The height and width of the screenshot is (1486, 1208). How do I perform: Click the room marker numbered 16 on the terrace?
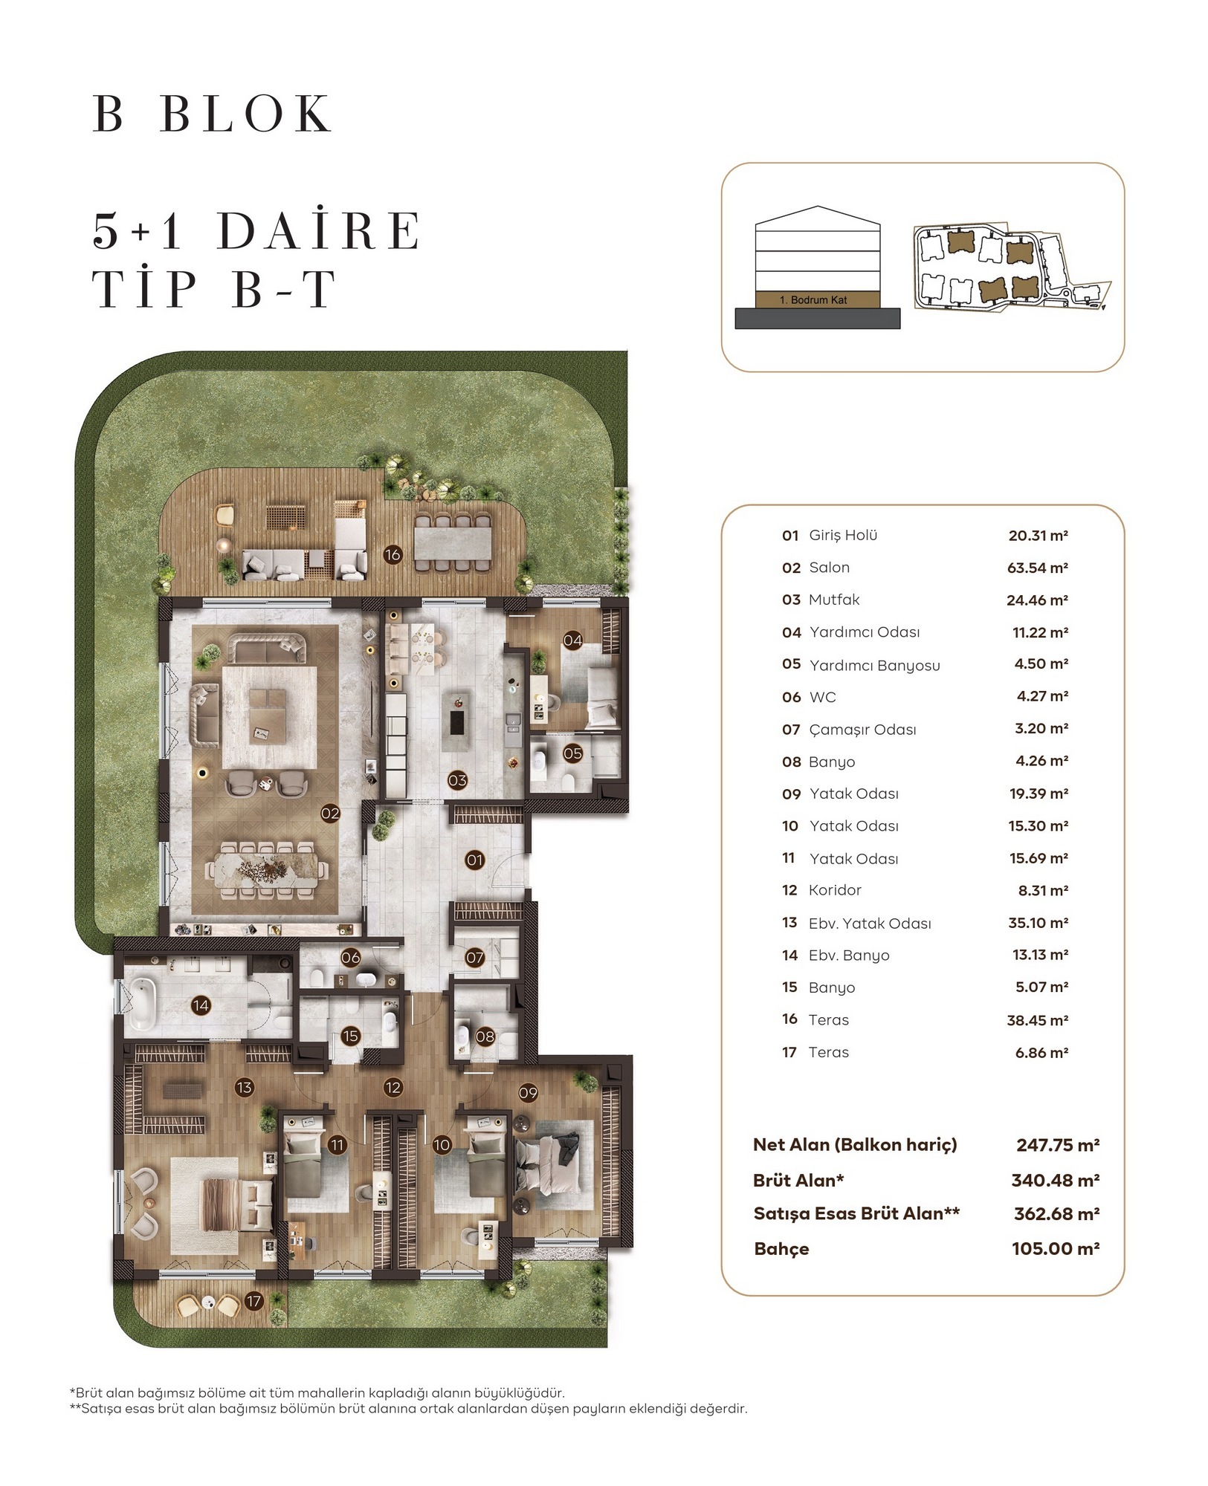pyautogui.click(x=393, y=554)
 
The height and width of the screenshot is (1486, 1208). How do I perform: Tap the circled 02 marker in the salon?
pyautogui.click(x=330, y=814)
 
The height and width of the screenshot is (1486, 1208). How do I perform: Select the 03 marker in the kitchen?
pyautogui.click(x=457, y=780)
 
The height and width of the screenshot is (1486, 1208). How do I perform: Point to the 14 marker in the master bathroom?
pyautogui.click(x=201, y=1006)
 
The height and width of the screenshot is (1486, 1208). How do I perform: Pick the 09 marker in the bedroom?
pyautogui.click(x=528, y=1093)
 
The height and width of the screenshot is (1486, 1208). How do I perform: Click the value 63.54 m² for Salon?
pyautogui.click(x=1038, y=568)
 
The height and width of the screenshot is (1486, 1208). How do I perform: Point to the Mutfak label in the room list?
pyautogui.click(x=834, y=600)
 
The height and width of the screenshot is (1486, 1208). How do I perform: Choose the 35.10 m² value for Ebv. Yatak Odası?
pyautogui.click(x=1039, y=923)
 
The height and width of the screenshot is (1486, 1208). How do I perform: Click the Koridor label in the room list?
pyautogui.click(x=835, y=890)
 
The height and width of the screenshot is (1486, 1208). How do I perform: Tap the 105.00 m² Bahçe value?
pyautogui.click(x=1056, y=1249)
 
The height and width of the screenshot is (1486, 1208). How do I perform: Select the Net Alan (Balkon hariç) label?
pyautogui.click(x=855, y=1145)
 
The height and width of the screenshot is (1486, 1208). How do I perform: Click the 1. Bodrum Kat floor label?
pyautogui.click(x=813, y=300)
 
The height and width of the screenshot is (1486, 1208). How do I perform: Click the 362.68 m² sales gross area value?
pyautogui.click(x=1057, y=1214)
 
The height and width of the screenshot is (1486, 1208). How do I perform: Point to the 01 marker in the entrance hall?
pyautogui.click(x=474, y=860)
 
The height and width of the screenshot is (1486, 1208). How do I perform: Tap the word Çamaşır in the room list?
pyautogui.click(x=834, y=730)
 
